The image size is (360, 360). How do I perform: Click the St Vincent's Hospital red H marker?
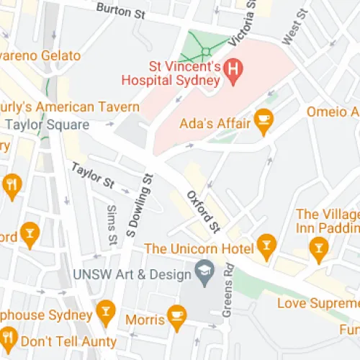coord(233,69)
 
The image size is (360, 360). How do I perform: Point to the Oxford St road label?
coord(202,211)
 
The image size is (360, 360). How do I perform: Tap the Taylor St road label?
coord(91,176)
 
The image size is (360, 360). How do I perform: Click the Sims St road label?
coord(112,224)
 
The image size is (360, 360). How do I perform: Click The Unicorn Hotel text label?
coord(199,248)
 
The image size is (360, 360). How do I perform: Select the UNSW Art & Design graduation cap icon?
coord(204,275)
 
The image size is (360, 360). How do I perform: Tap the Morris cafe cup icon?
coord(177,314)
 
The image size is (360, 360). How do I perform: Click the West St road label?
coord(296,27)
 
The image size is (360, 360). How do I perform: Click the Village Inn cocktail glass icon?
coord(318,250)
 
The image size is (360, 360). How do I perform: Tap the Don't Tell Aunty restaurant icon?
coord(9,337)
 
